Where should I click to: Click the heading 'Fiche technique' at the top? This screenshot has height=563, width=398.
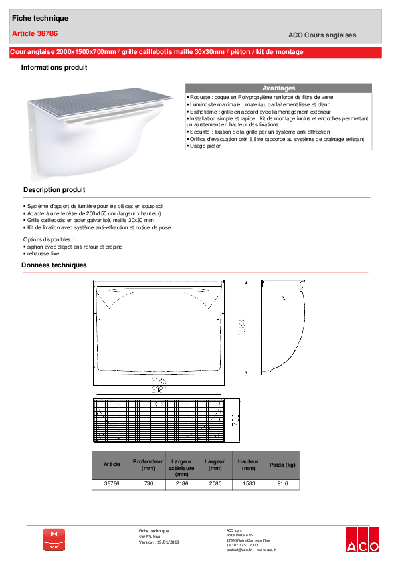coord(40,18)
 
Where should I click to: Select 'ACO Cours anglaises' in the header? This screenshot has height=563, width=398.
coord(322,35)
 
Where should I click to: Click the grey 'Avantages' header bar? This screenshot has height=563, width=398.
coord(278,88)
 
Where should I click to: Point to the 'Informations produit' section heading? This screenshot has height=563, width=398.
coord(54,68)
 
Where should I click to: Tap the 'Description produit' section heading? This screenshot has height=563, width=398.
coord(54,190)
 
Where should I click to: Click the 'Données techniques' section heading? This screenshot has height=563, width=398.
coord(54,265)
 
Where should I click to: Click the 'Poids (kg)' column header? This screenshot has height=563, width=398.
coord(282,464)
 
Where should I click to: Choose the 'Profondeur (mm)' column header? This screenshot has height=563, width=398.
coord(148,464)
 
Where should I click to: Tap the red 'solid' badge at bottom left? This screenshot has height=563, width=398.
coord(54,540)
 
